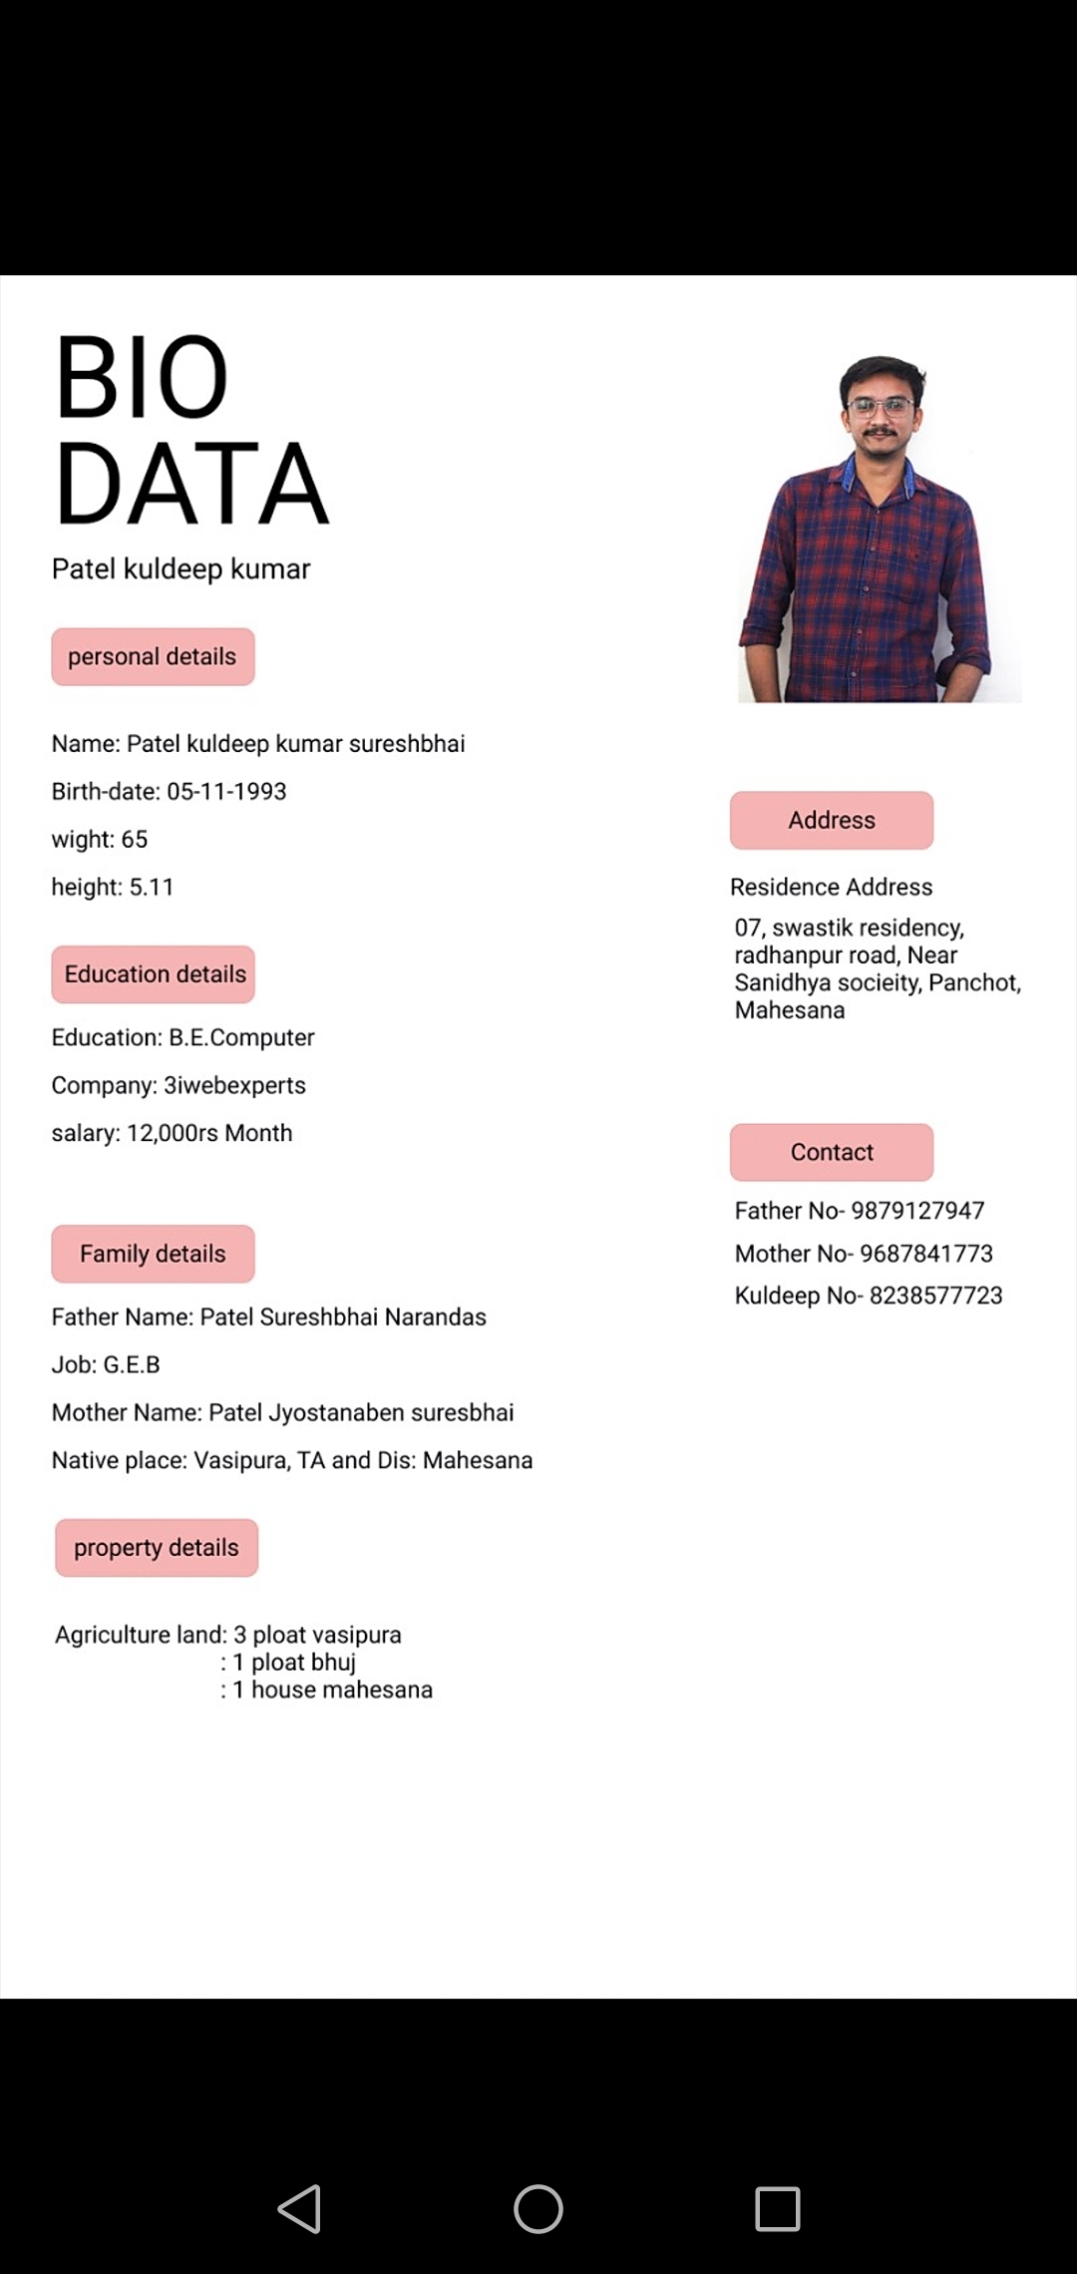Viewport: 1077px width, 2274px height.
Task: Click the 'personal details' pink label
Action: pyautogui.click(x=153, y=656)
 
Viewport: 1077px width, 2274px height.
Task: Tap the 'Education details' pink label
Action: pyautogui.click(x=154, y=974)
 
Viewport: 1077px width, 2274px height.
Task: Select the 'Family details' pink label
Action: pyautogui.click(x=153, y=1254)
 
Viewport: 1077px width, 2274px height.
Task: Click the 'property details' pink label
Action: pyautogui.click(x=157, y=1548)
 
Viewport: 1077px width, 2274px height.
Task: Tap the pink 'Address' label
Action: pyautogui.click(x=832, y=820)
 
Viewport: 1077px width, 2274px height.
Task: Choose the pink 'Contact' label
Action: pyautogui.click(x=832, y=1152)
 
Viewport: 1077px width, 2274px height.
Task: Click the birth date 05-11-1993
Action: pyautogui.click(x=226, y=791)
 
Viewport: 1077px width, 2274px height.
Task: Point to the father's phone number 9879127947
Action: pyautogui.click(x=917, y=1210)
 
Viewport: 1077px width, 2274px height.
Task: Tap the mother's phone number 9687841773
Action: pyautogui.click(x=926, y=1253)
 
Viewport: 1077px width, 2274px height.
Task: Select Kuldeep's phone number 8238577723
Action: pyautogui.click(x=935, y=1296)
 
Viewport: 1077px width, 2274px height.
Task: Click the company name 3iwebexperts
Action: pyautogui.click(x=234, y=1085)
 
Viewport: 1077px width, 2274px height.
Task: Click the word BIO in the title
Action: pyautogui.click(x=142, y=377)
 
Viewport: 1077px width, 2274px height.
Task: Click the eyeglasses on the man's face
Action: pyautogui.click(x=881, y=407)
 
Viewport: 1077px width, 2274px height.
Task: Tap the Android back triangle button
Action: pyautogui.click(x=299, y=2208)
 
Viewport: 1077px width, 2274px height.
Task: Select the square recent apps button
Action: pyautogui.click(x=778, y=2208)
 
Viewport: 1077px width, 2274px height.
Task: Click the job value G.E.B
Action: pyautogui.click(x=132, y=1364)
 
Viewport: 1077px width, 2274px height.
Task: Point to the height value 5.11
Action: pyautogui.click(x=152, y=887)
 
